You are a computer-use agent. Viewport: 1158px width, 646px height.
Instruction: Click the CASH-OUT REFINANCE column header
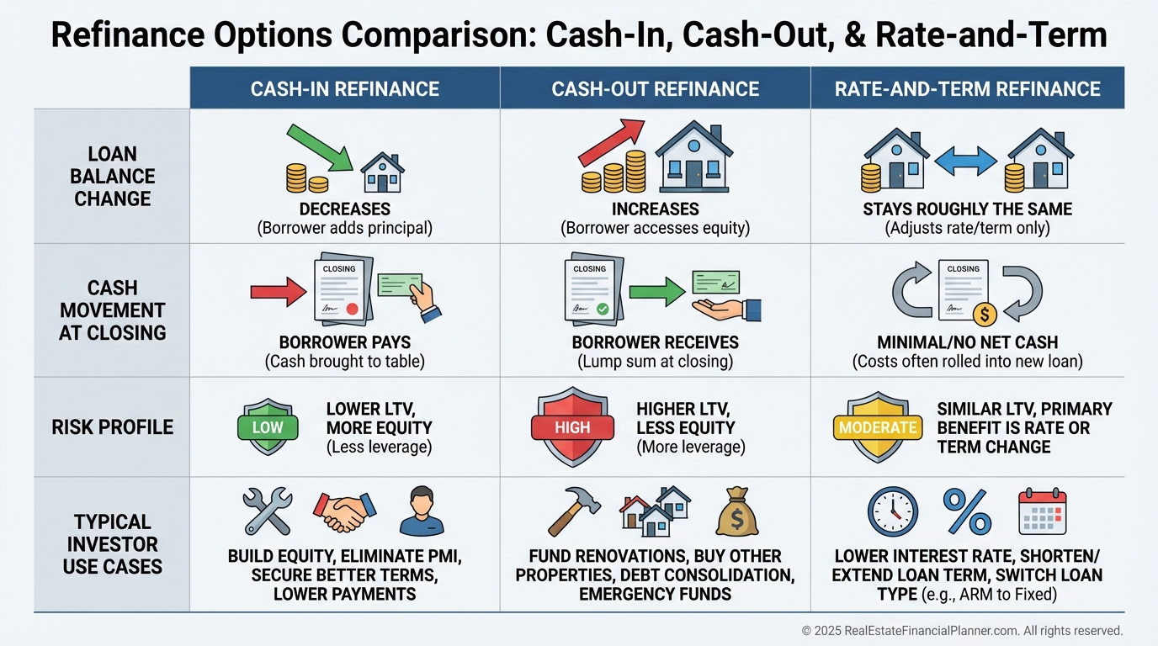coord(655,88)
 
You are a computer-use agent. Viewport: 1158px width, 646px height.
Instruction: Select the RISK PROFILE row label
coord(112,427)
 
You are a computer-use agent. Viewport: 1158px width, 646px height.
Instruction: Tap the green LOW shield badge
coord(268,427)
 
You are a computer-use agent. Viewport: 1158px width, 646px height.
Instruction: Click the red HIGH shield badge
coord(572,427)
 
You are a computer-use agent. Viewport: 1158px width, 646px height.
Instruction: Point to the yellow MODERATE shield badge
coord(878,427)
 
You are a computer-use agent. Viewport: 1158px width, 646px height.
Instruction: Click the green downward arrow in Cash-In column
coord(321,148)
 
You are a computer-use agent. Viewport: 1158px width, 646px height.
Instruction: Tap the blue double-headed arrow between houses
coord(965,161)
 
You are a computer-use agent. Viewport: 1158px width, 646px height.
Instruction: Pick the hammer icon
coord(573,511)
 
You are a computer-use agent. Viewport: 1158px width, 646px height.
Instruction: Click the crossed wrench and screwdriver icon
coord(267,511)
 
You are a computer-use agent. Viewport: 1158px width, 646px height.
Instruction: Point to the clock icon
coord(892,511)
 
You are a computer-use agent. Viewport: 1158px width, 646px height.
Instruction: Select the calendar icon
coord(1042,511)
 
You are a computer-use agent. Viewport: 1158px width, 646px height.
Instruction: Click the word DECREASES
coord(345,209)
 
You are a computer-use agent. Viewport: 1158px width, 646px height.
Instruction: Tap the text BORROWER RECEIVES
coord(655,342)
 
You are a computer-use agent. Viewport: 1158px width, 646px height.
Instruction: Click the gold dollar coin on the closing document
coord(984,315)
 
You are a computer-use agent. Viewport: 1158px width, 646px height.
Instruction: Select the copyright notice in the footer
coord(962,630)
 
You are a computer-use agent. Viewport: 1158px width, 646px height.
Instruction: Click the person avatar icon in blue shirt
coord(422,511)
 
